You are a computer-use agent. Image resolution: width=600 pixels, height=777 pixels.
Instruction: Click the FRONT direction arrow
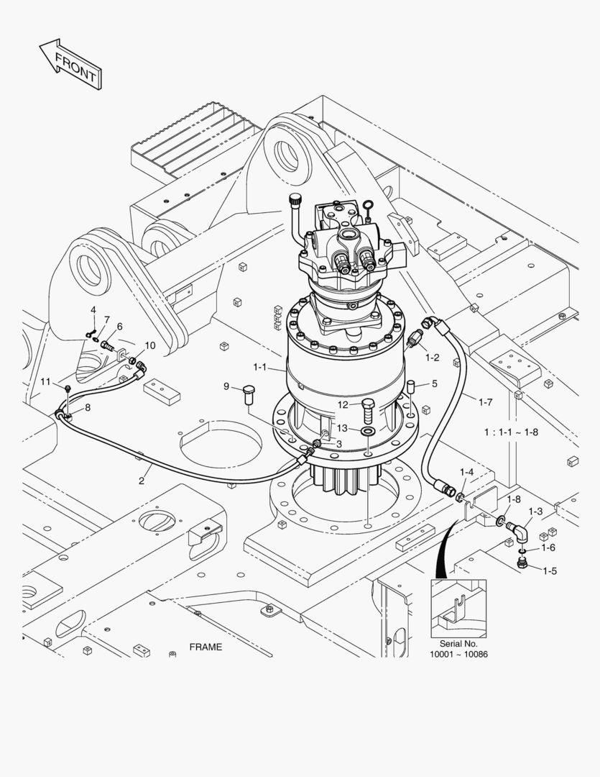71,65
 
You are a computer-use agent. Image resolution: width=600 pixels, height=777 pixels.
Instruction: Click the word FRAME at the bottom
206,647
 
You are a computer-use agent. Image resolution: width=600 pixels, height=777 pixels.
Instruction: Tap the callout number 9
226,386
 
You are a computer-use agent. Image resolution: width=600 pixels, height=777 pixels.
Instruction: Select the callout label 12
343,404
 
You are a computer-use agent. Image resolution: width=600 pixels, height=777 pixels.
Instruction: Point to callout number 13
343,430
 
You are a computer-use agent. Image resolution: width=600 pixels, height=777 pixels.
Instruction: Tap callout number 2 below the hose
142,481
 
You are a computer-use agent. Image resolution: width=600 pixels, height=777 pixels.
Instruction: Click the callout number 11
45,381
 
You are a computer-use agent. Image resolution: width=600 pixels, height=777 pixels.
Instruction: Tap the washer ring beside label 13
367,431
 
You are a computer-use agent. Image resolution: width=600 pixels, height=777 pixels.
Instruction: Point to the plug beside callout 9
249,391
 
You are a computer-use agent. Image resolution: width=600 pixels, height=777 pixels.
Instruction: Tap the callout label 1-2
432,357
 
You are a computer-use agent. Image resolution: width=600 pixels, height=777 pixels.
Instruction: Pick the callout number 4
93,310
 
